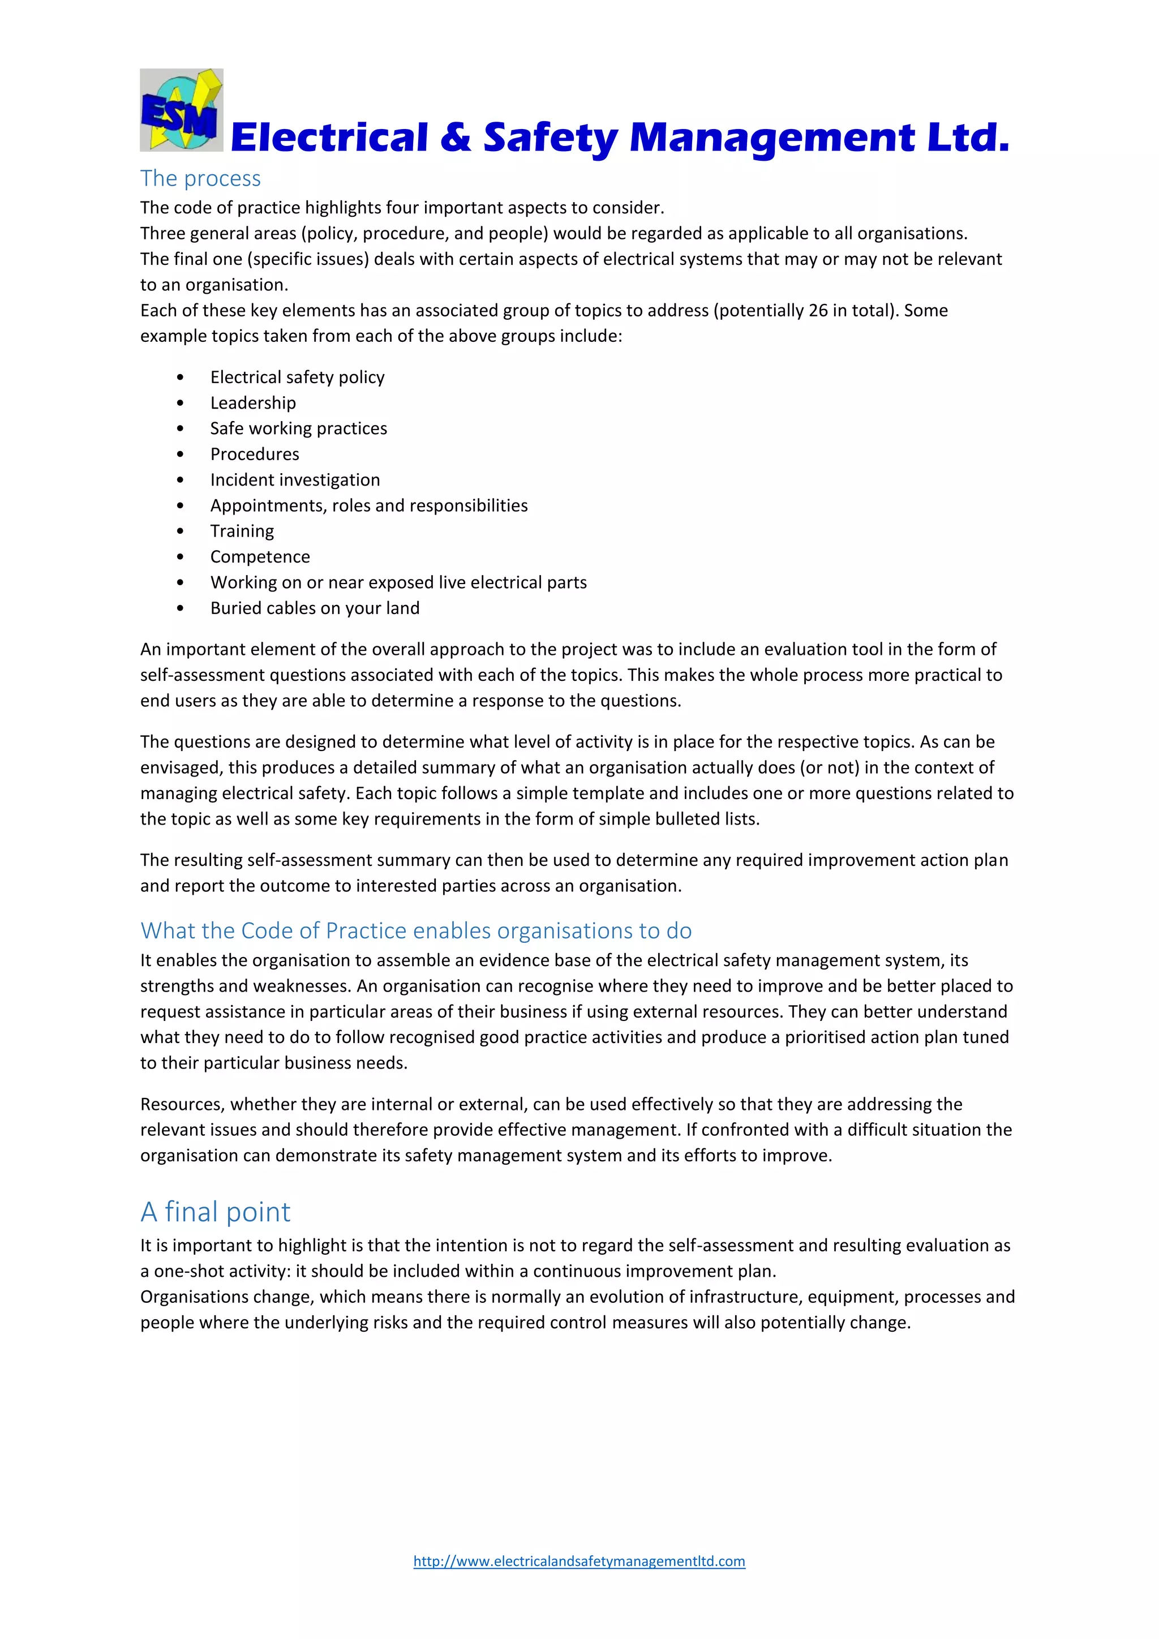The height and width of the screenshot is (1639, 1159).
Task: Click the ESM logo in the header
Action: pos(181,110)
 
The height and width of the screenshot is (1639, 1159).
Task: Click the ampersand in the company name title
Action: pos(456,137)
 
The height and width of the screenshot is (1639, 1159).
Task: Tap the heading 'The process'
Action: pos(200,178)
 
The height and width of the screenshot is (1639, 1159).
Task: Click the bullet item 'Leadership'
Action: pos(252,402)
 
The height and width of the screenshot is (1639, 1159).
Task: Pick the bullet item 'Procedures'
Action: pos(255,454)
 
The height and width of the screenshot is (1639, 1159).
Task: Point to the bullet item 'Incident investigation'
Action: pos(295,480)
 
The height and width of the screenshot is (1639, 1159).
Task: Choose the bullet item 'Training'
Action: pos(242,531)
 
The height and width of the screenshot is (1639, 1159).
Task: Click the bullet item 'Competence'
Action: pos(260,557)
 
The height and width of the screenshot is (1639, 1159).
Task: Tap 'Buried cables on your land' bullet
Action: pos(315,608)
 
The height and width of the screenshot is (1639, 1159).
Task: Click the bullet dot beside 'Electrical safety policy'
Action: pos(180,377)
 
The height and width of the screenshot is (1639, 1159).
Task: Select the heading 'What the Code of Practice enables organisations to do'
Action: pos(416,931)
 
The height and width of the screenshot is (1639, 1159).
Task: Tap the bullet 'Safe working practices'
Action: pos(298,428)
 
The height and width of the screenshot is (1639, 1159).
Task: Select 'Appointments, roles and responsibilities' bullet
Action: pos(369,505)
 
